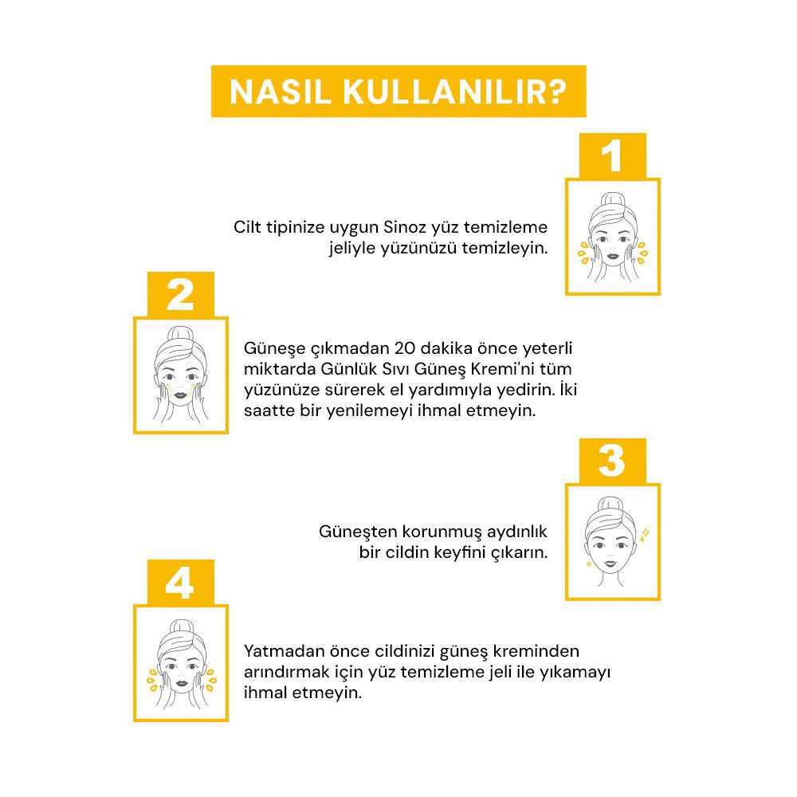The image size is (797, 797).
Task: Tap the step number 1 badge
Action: (x=612, y=156)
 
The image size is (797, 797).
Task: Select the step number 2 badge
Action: (x=180, y=295)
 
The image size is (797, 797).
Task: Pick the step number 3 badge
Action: (x=612, y=461)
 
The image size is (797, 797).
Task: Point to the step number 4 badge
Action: (x=180, y=583)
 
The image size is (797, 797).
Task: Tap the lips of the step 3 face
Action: (x=612, y=563)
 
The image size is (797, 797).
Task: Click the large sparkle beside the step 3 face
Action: (x=645, y=532)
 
